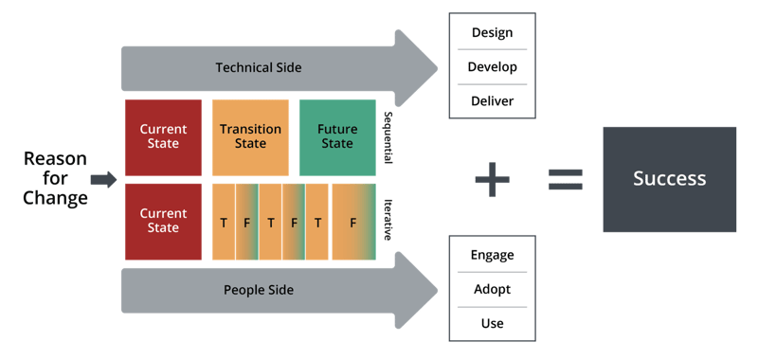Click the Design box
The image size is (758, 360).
pos(492,33)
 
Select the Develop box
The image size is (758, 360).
pos(492,67)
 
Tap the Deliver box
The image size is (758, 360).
pos(492,100)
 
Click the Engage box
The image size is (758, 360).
pos(492,255)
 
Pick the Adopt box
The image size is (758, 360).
pos(492,289)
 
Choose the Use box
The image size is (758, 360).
pos(492,323)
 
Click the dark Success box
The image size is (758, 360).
pos(669,178)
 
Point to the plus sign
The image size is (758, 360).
pos(493,178)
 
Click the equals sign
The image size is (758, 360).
pos(566,178)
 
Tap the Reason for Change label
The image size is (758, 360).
pos(55,178)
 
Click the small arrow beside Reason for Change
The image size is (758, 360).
pos(103,178)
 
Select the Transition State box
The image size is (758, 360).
pos(250,136)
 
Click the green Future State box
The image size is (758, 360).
pos(336,136)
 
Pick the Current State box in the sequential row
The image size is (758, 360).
pos(163,136)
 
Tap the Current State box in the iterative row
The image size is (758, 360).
pos(163,221)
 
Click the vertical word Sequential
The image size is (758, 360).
pos(388,138)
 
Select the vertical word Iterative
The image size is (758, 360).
pos(388,220)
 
